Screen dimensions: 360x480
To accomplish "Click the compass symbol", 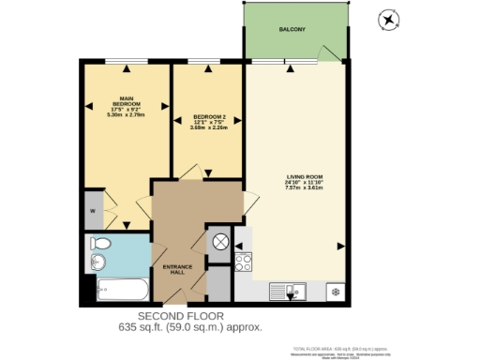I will (x=387, y=19).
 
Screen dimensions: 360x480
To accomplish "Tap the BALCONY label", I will (x=292, y=30).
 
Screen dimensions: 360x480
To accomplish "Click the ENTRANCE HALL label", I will (x=178, y=271).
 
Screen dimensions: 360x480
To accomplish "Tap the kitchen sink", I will (x=288, y=292).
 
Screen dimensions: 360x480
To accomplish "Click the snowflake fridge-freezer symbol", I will (x=334, y=292).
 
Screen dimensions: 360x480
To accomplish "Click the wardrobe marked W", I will (x=93, y=211).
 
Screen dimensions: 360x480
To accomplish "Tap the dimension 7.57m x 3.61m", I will (x=304, y=187).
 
